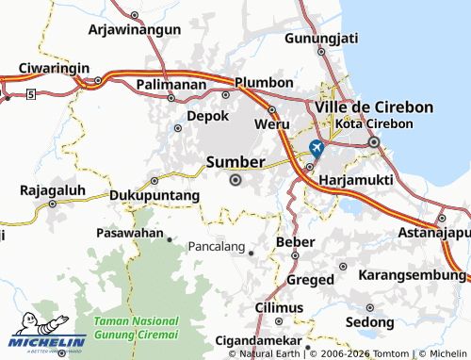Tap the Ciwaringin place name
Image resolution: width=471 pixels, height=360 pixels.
tap(53, 68)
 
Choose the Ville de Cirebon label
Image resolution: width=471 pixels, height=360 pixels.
tap(374, 107)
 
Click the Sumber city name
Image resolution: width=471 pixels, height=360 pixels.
tap(235, 162)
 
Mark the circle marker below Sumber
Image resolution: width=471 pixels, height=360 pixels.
tap(235, 180)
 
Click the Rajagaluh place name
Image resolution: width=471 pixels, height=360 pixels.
tap(53, 189)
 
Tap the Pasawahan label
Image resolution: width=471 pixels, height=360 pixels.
tap(130, 231)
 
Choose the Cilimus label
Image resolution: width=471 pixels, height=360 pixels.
tap(279, 307)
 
